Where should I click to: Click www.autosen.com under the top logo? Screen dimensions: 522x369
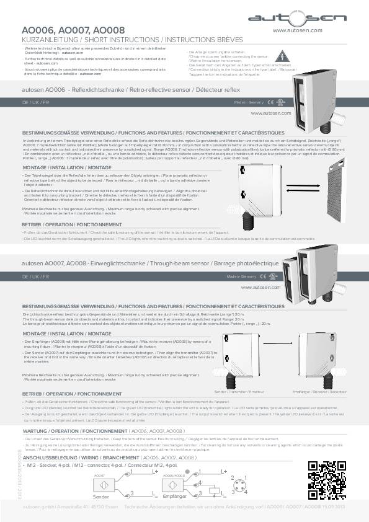tap(297, 30)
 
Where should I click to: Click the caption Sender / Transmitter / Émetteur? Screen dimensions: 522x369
tap(234, 393)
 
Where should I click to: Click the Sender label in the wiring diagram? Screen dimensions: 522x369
tap(101, 497)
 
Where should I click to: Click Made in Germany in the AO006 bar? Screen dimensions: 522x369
tap(249, 102)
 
